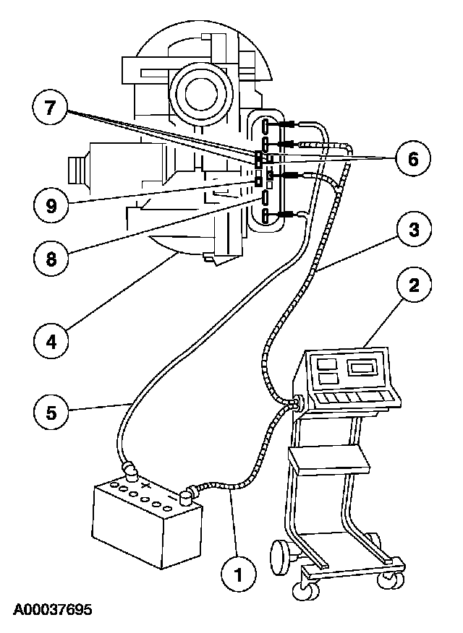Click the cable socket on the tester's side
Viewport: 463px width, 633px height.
295,402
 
